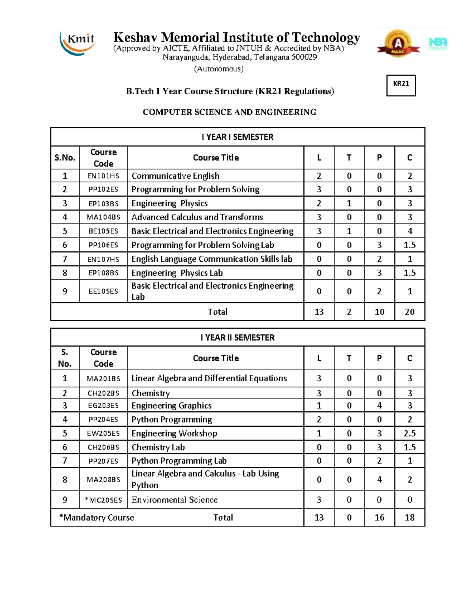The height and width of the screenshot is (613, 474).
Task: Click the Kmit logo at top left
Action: [x=78, y=43]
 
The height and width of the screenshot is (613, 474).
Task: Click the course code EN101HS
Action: [x=103, y=176]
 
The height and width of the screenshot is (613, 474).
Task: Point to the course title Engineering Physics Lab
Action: [x=177, y=273]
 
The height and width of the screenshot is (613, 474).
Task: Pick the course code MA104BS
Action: [x=103, y=217]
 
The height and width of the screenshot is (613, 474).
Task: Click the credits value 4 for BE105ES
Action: [x=410, y=231]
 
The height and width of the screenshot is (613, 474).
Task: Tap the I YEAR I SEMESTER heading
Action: [x=237, y=137]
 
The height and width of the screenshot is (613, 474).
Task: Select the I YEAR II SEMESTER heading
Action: [x=237, y=337]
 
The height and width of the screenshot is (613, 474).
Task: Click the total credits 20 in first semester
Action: [x=410, y=312]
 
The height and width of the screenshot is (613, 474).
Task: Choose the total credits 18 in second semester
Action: [x=410, y=517]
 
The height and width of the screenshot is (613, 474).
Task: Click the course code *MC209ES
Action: [x=103, y=500]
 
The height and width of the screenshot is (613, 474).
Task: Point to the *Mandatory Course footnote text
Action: [x=97, y=517]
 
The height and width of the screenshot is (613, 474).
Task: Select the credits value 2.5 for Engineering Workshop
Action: [x=410, y=433]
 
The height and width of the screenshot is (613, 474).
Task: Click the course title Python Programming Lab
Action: [x=179, y=461]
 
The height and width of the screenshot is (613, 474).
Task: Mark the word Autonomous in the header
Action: [x=218, y=69]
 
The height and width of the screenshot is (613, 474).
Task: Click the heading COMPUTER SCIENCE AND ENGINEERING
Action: [x=229, y=112]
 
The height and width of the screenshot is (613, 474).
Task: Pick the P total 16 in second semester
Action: [x=379, y=517]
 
